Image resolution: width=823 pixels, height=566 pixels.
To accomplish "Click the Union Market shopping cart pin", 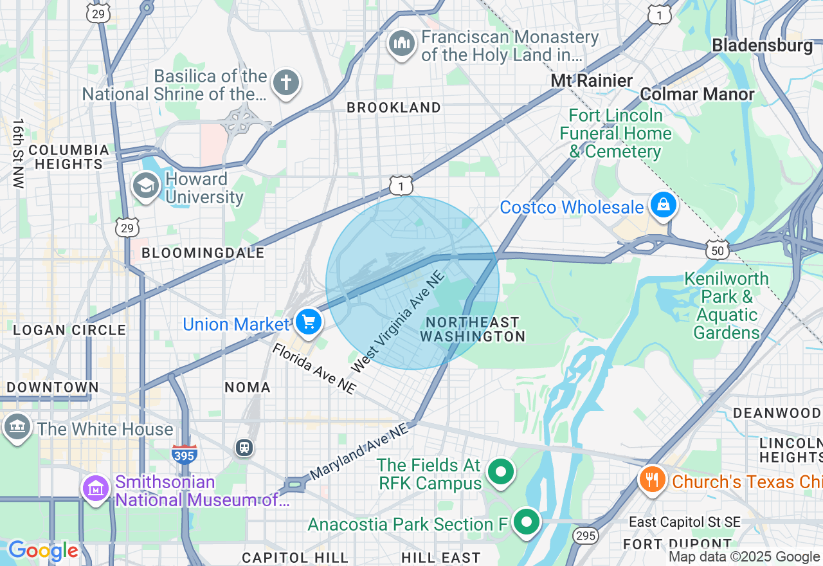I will (309, 321).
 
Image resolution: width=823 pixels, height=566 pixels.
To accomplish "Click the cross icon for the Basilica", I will (285, 83).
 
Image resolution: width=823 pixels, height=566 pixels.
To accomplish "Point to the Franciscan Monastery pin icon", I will (402, 44).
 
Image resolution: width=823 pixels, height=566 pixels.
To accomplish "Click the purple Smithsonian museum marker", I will (96, 489).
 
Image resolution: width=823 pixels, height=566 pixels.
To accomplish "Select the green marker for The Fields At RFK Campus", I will (501, 472).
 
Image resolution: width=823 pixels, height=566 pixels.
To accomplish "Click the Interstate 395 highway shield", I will (184, 453).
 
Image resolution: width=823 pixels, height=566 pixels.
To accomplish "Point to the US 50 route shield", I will (716, 249).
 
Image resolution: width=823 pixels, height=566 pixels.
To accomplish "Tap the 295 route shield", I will (586, 535).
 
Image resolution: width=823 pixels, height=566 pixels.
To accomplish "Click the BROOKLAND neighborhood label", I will (393, 108).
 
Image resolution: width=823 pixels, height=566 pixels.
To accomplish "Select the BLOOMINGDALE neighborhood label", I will (203, 253).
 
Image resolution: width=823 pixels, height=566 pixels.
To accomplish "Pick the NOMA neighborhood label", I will (248, 387).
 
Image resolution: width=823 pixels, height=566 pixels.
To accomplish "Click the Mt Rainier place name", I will (592, 81).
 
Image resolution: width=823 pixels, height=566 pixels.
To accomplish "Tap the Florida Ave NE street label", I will (314, 369).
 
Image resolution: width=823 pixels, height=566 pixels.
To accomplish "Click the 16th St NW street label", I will (17, 153).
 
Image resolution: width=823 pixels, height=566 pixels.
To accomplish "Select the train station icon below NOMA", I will (244, 447).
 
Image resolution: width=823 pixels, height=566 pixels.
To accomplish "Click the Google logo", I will (42, 551).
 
